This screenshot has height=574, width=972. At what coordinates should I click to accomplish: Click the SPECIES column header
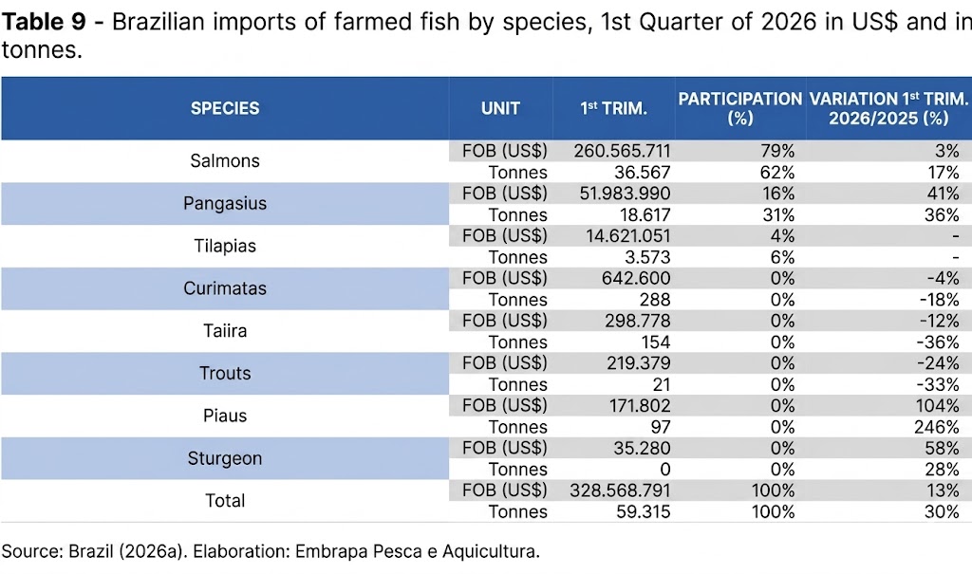pos(225,108)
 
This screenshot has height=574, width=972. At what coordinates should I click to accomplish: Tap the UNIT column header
pos(500,108)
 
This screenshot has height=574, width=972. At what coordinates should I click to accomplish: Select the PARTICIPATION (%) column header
pos(739,108)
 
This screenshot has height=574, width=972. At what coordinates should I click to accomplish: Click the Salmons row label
pos(225,161)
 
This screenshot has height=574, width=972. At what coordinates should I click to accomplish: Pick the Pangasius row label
pos(225,203)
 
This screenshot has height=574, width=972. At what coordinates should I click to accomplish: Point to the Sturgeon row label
pos(225,458)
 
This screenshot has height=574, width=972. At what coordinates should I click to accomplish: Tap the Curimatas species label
pos(225,288)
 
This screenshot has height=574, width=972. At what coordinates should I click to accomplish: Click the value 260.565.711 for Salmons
pos(622,151)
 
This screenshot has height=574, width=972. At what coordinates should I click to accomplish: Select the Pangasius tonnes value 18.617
pos(641,214)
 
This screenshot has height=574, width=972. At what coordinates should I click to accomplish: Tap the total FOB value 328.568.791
pos(620,491)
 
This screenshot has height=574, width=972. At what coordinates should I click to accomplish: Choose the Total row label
pos(225,501)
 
